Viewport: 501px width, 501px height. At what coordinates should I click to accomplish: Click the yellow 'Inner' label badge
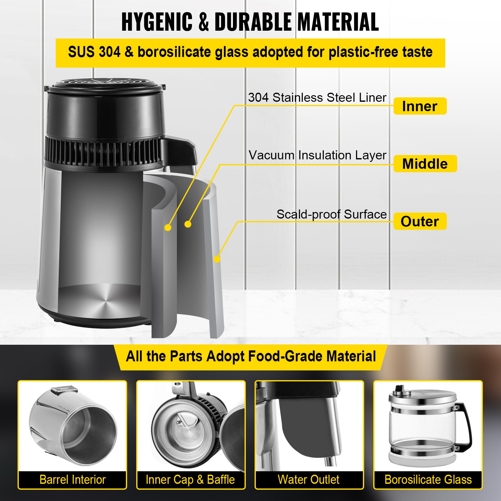[x=420, y=106]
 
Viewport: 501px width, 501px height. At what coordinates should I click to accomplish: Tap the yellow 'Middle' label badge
[x=425, y=164]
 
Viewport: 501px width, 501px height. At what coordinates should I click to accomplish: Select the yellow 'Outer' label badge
[x=420, y=221]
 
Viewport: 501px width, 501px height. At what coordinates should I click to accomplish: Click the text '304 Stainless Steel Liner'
[x=317, y=97]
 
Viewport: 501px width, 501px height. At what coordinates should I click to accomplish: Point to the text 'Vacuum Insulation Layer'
[x=317, y=155]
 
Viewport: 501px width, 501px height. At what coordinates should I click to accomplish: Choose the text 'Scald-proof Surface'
[x=331, y=214]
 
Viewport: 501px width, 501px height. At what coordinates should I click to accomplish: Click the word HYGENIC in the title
[x=157, y=22]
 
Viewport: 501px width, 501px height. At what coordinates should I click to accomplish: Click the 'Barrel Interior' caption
[x=73, y=479]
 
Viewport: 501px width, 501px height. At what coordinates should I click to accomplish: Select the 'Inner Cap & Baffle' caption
[x=190, y=479]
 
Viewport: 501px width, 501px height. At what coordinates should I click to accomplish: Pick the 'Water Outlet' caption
[x=309, y=479]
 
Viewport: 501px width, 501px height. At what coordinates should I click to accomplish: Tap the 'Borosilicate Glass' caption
[x=428, y=479]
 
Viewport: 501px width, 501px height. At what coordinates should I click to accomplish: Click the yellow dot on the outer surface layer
[x=217, y=259]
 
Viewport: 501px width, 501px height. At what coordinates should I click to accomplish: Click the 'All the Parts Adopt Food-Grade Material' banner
[x=250, y=356]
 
